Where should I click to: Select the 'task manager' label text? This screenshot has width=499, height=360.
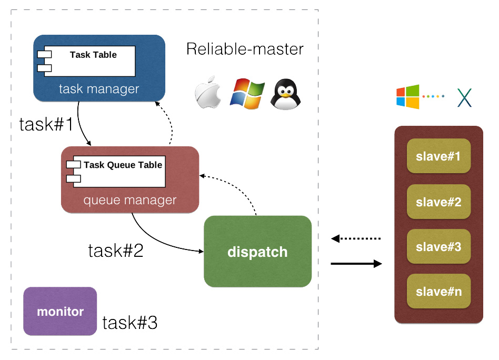[99, 89]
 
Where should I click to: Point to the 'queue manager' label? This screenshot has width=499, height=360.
[130, 201]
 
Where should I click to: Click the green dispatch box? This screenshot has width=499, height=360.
[258, 252]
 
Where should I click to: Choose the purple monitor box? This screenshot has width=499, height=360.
[60, 312]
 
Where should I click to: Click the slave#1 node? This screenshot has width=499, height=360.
[438, 156]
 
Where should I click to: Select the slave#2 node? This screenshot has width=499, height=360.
[438, 201]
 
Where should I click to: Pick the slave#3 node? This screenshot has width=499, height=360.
[438, 246]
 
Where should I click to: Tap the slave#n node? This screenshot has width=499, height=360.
[438, 291]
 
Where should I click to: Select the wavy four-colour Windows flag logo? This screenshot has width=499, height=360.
[246, 94]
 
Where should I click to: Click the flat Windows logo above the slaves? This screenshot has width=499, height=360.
[408, 97]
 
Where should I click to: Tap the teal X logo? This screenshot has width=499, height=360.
[464, 97]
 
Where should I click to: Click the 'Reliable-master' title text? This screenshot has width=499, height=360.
[245, 49]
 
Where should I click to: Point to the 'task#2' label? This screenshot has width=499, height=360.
[115, 250]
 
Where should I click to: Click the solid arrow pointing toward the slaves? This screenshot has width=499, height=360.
[356, 264]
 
